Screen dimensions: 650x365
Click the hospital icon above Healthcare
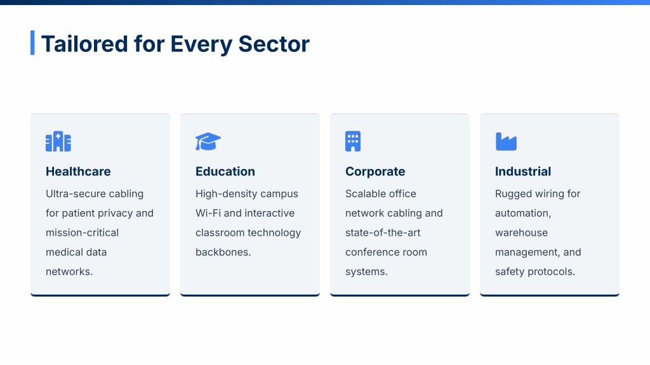58,141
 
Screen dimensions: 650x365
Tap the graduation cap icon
208,141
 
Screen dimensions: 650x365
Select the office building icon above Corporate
353,141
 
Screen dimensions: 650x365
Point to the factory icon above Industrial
506,141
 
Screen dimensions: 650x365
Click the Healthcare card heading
78,171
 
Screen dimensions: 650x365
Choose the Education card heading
225,171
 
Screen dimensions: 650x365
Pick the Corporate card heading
375,171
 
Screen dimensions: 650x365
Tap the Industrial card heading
523,171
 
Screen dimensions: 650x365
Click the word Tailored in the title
84,44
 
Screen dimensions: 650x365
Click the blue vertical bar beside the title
32,42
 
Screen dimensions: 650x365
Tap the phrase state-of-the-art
383,233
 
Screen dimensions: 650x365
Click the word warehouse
522,233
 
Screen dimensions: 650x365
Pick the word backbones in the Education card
222,252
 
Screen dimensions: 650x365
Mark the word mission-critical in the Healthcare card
82,233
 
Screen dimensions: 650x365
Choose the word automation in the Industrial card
522,213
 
